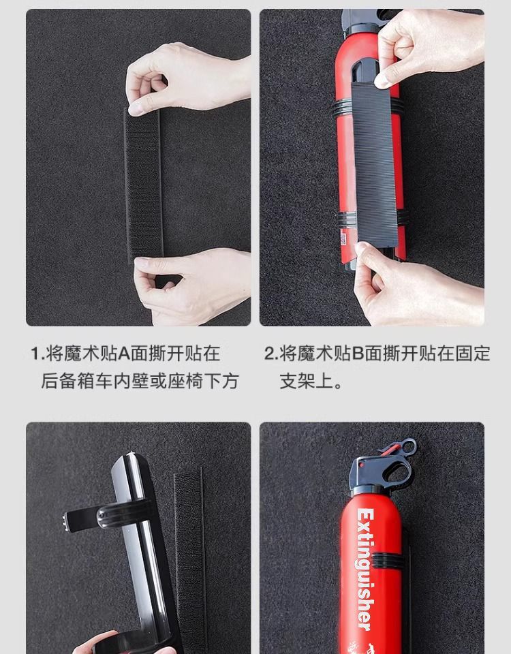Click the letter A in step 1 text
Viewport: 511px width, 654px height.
(x=124, y=354)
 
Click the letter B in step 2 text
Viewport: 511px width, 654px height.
(x=358, y=354)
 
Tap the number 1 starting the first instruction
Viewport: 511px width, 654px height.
(x=35, y=354)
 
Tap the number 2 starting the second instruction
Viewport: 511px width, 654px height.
(x=270, y=354)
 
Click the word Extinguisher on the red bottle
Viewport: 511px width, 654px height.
(x=365, y=569)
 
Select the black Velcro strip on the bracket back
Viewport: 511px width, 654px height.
(x=374, y=163)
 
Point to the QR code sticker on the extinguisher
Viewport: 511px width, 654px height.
(x=343, y=239)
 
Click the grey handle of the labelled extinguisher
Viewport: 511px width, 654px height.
(x=380, y=471)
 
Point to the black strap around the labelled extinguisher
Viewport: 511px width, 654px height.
(x=388, y=560)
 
